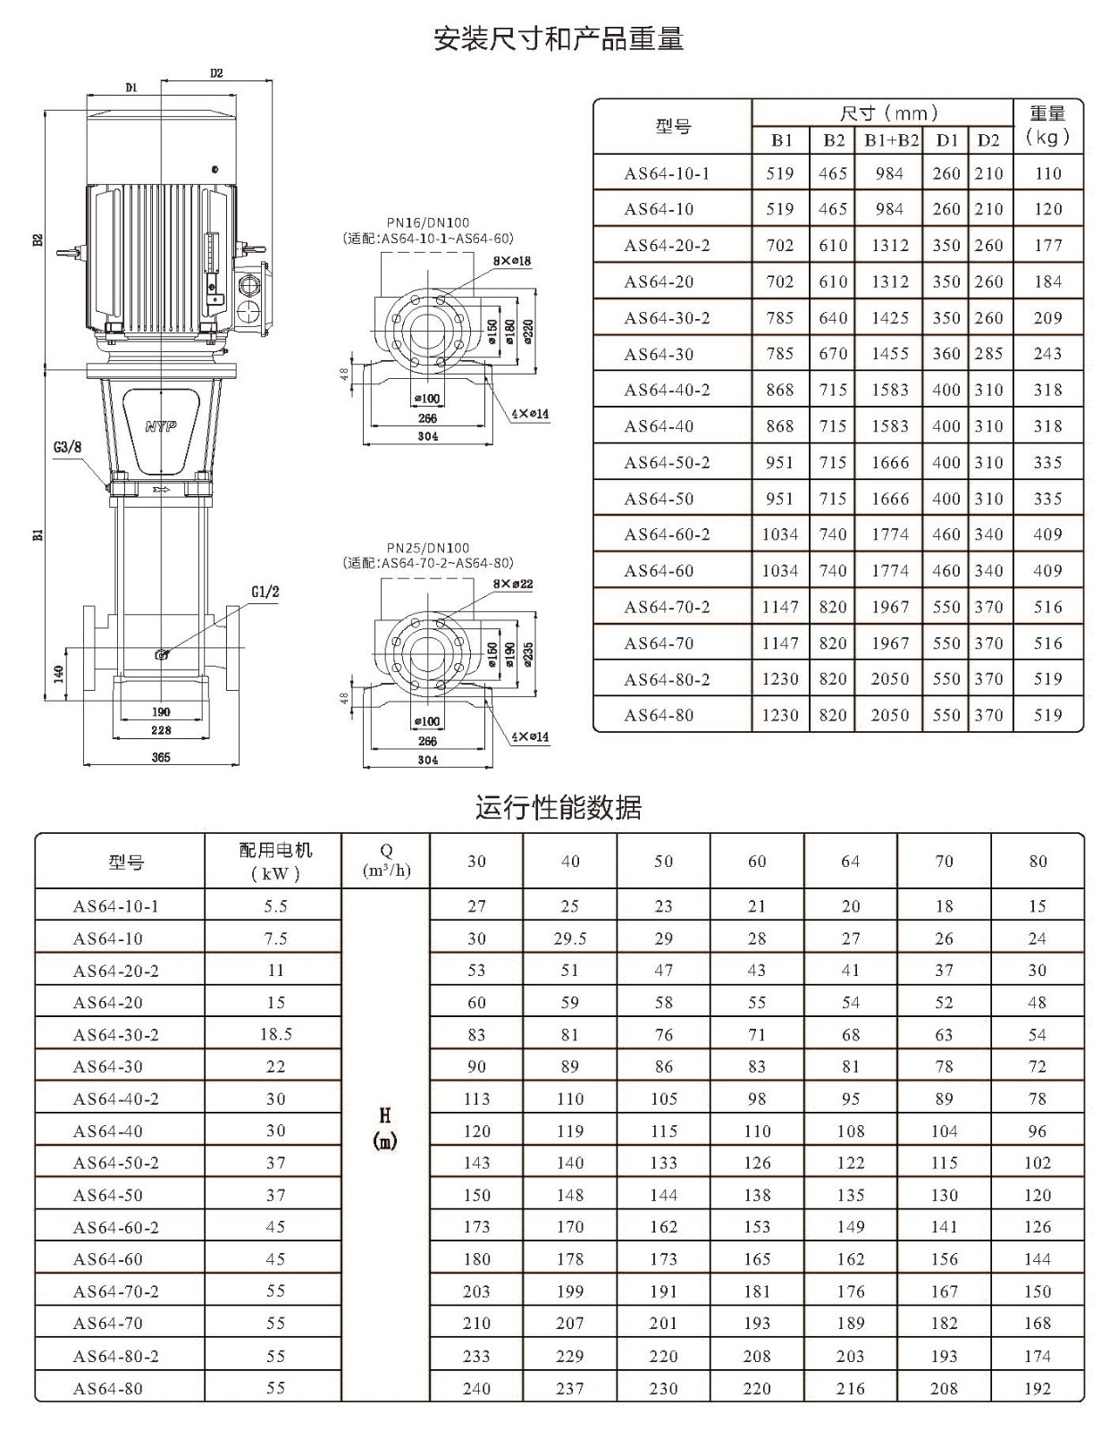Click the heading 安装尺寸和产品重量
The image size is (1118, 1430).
click(x=559, y=39)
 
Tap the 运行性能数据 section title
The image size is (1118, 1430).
click(x=559, y=807)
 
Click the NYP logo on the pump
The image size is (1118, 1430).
click(x=161, y=427)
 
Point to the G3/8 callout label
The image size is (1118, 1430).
click(x=68, y=448)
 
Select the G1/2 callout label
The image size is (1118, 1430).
click(x=265, y=592)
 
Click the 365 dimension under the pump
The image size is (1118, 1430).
click(x=161, y=757)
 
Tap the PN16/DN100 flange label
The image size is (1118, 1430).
click(x=428, y=223)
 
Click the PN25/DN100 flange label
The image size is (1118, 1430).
click(x=428, y=548)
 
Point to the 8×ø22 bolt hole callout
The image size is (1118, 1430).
click(x=513, y=584)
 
